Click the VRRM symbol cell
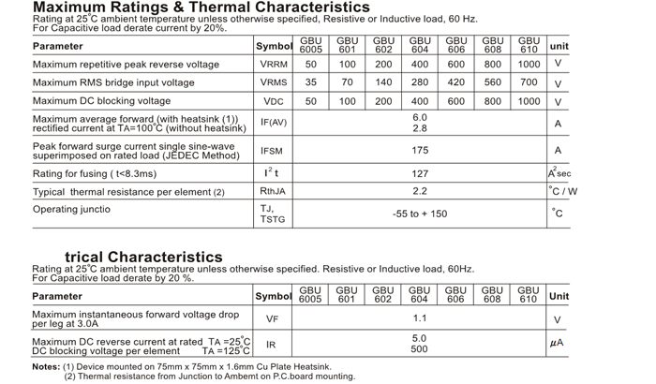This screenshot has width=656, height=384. pyautogui.click(x=274, y=65)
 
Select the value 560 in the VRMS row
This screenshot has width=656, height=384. pyautogui.click(x=493, y=82)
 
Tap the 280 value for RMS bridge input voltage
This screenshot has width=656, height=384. pyautogui.click(x=420, y=82)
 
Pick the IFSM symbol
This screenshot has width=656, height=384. pyautogui.click(x=272, y=151)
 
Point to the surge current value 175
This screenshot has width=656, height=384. pyautogui.click(x=420, y=150)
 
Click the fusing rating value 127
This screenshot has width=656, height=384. pyautogui.click(x=420, y=173)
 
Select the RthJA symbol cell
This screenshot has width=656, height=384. pyautogui.click(x=273, y=191)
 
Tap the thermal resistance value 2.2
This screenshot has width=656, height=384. pyautogui.click(x=420, y=191)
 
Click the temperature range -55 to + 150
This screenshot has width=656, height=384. pyautogui.click(x=420, y=214)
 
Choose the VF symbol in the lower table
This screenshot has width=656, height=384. pyautogui.click(x=273, y=319)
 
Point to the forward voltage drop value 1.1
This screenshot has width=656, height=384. pyautogui.click(x=420, y=318)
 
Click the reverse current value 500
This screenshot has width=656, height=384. pyautogui.click(x=420, y=349)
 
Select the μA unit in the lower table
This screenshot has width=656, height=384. pyautogui.click(x=558, y=344)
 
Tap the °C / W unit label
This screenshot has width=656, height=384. pyautogui.click(x=563, y=191)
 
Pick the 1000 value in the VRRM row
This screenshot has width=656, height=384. pyautogui.click(x=529, y=65)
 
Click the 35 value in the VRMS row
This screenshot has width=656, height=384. pyautogui.click(x=311, y=82)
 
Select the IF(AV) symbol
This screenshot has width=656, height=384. pyautogui.click(x=274, y=123)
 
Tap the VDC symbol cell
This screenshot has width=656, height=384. pyautogui.click(x=274, y=101)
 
